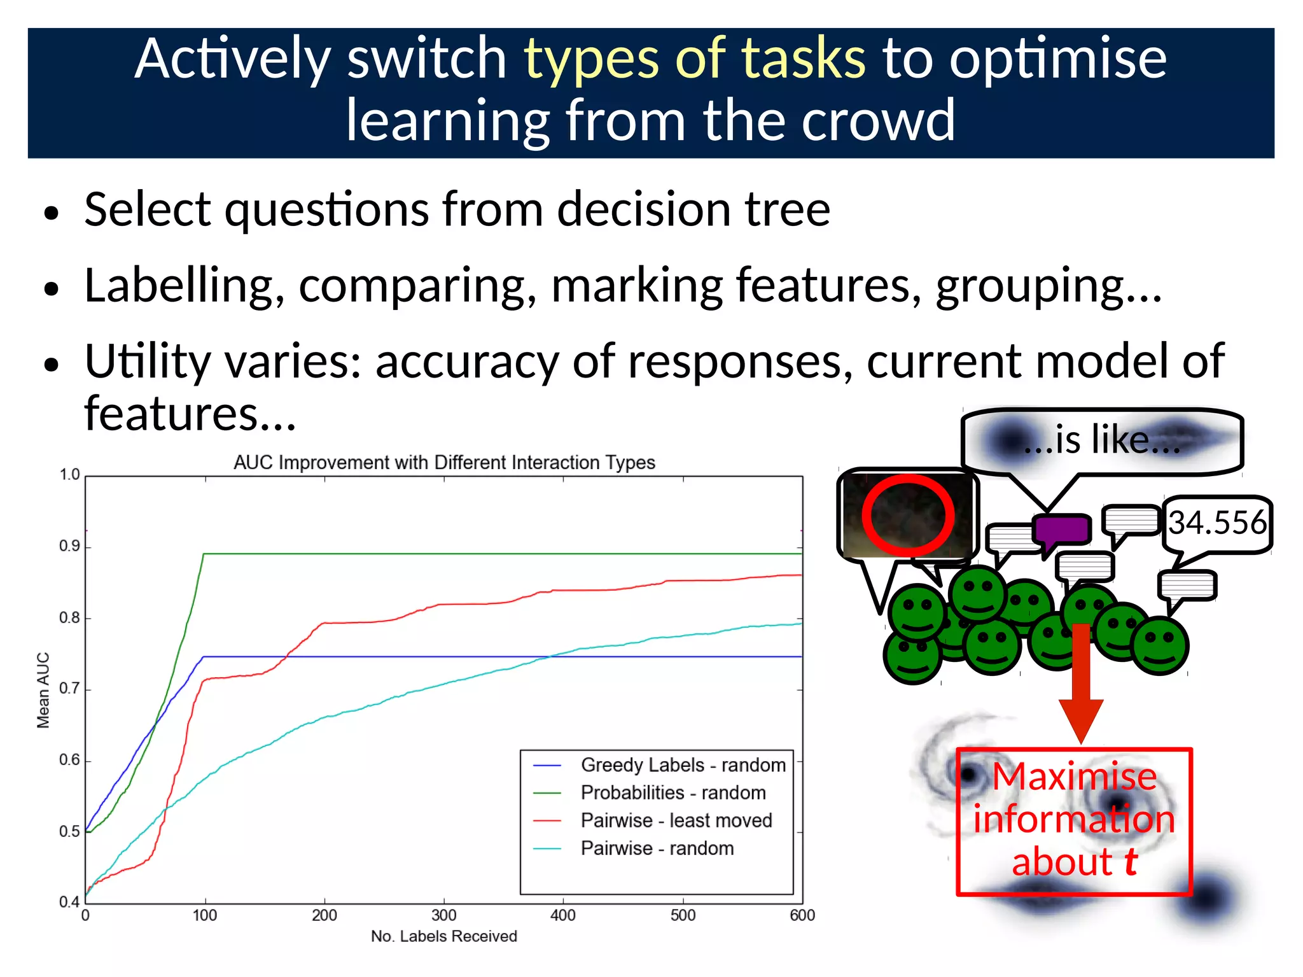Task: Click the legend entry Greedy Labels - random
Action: coord(683,764)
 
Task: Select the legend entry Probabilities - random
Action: coord(672,792)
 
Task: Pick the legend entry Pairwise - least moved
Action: coord(676,820)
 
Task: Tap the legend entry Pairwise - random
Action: coord(657,848)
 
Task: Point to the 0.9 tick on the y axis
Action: coord(69,546)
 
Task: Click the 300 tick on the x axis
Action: coord(443,915)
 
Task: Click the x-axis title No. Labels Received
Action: coord(443,936)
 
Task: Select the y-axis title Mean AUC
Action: coord(43,690)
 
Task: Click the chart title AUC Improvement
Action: coord(443,462)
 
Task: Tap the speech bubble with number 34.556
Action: coord(1216,523)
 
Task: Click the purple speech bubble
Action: coord(1061,530)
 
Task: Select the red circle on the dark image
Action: coord(907,514)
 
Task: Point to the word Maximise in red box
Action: coord(1074,777)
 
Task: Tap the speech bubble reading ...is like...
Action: coord(1102,440)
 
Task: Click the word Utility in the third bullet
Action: coord(148,362)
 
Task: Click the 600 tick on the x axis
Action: coord(802,915)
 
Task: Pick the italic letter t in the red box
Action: coord(1130,862)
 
